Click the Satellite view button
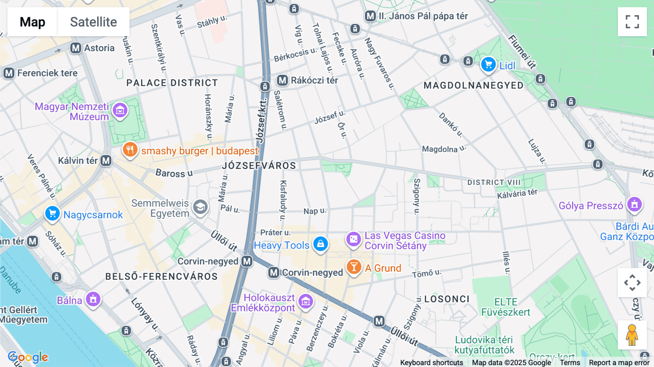(x=93, y=22)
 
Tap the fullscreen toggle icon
(x=632, y=22)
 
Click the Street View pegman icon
(x=632, y=335)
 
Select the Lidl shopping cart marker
(x=488, y=65)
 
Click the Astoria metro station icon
(x=76, y=48)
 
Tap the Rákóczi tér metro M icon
(x=282, y=80)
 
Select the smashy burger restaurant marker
(x=130, y=149)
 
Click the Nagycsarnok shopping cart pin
(x=52, y=213)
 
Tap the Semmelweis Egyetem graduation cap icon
(x=200, y=207)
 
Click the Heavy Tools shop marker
(x=320, y=244)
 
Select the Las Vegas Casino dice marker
(x=353, y=239)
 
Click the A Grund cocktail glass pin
(x=354, y=267)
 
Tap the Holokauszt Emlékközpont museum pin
(x=306, y=301)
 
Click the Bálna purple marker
(x=93, y=299)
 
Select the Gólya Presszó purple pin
(x=634, y=204)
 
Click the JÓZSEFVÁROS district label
(x=259, y=166)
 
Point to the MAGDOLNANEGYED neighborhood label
(x=474, y=85)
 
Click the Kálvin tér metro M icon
(x=106, y=161)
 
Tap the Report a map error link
(x=619, y=363)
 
